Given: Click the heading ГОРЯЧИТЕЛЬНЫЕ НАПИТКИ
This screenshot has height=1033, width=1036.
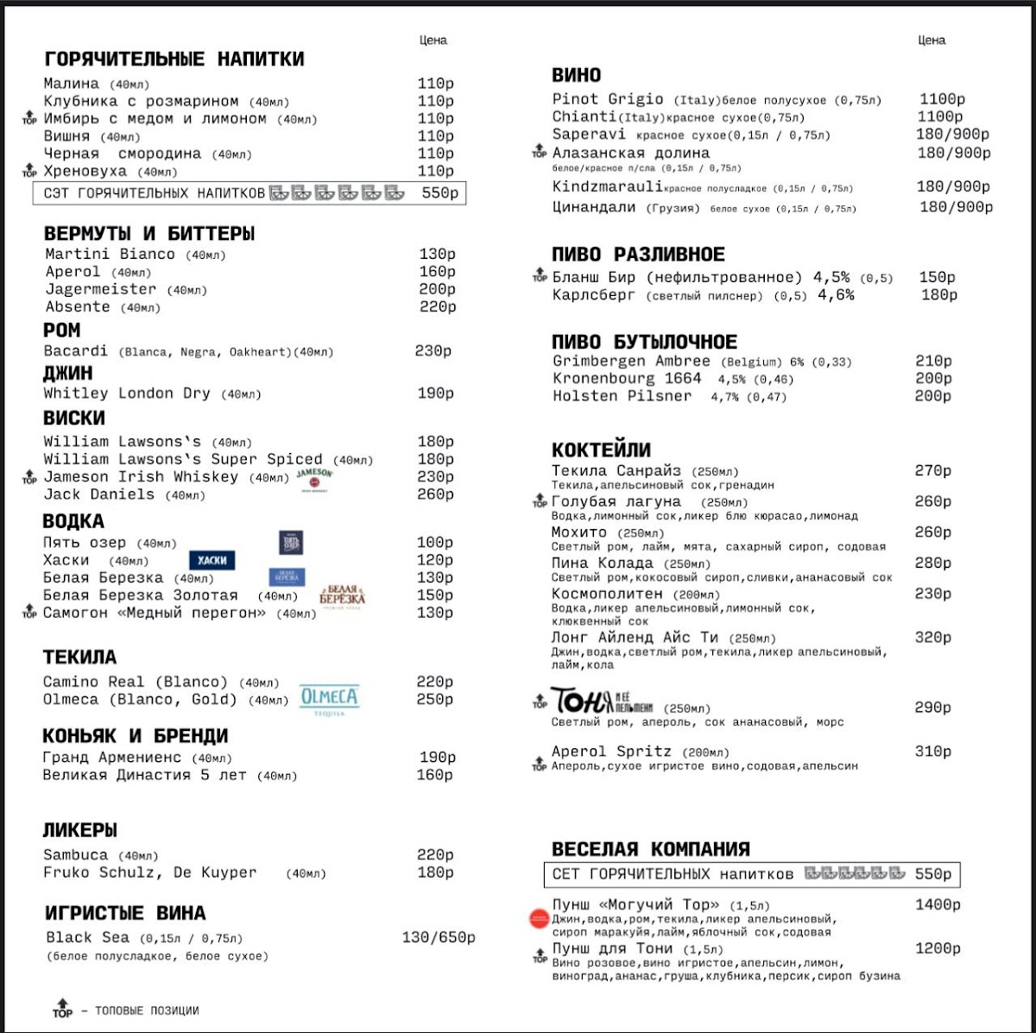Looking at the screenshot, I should tap(174, 60).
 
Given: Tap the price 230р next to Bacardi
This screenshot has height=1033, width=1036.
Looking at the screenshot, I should tap(433, 351).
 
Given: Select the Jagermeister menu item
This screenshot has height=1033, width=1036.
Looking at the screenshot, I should tap(101, 289).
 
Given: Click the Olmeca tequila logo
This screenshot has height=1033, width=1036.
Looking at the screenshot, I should tap(329, 698).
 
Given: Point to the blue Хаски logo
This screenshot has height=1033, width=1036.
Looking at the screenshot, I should tap(212, 560).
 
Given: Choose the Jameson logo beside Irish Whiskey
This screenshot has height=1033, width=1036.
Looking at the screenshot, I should tap(314, 478).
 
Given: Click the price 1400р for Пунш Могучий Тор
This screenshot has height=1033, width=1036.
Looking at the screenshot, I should tap(938, 905).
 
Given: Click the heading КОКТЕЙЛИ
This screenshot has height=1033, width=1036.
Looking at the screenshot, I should tap(601, 450).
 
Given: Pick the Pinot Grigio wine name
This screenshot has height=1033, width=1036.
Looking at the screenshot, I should tap(608, 99).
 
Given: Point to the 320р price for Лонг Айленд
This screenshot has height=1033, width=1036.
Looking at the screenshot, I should tap(932, 638).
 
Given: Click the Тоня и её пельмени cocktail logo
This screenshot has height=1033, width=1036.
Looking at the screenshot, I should tap(602, 701).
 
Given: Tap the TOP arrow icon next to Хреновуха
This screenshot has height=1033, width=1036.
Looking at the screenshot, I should tap(29, 173).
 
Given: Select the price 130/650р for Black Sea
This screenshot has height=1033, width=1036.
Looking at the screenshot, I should tap(438, 938).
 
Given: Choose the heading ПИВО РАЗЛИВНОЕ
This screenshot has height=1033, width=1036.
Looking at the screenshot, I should tap(638, 255).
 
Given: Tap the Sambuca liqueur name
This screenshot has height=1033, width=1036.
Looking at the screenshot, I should tap(76, 855).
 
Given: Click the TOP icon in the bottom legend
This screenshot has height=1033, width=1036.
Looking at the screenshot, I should tap(62, 1008).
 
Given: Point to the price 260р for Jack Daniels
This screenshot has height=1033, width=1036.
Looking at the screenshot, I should tap(436, 494).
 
